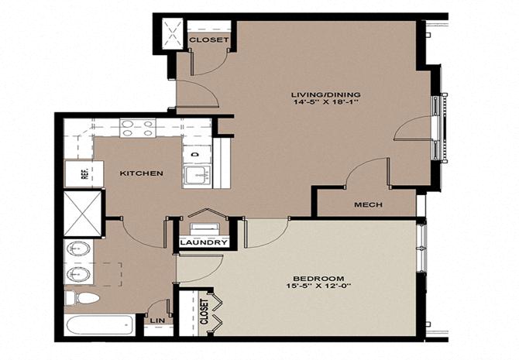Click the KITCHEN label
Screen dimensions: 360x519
pos(141,173)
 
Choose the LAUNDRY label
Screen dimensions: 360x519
pos(204,243)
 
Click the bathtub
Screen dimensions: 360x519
pos(98,325)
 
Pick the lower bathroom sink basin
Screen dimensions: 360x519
pos(78,273)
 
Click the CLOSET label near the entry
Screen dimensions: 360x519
pos(209,39)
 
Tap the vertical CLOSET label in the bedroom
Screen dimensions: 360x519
pos(204,310)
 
